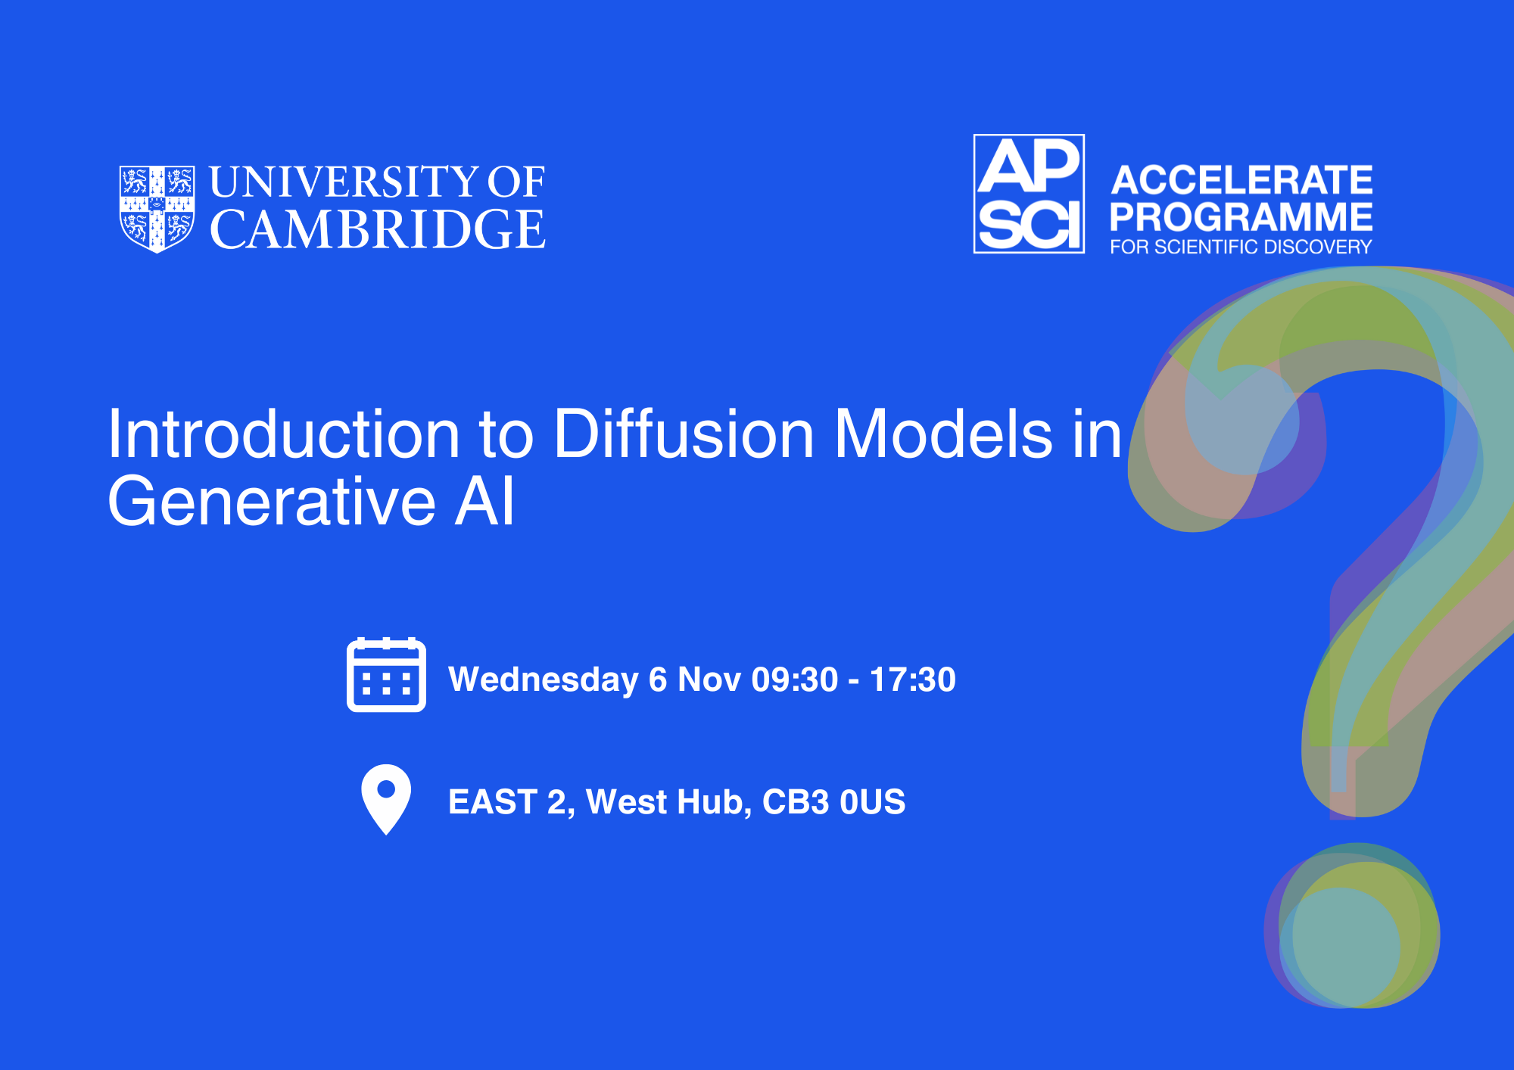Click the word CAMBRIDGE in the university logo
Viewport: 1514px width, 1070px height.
[x=378, y=229]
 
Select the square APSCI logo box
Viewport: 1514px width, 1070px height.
[x=1029, y=194]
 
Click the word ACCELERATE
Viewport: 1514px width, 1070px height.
[x=1241, y=180]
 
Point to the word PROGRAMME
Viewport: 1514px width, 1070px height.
[x=1241, y=217]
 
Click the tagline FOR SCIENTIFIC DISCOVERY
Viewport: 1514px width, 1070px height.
[x=1241, y=247]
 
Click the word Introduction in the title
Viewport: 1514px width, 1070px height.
[x=284, y=434]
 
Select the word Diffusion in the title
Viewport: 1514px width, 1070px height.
[x=684, y=434]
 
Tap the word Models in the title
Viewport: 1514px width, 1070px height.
[x=943, y=434]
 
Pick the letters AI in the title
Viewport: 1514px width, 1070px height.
[x=484, y=501]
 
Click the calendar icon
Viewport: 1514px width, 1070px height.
[x=386, y=674]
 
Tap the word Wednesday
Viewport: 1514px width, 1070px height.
[x=544, y=680]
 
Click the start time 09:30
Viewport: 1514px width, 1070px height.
[x=795, y=680]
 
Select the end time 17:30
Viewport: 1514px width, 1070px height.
[x=913, y=680]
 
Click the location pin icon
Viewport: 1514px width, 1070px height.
[x=386, y=799]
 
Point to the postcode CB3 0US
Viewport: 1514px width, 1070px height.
[x=833, y=802]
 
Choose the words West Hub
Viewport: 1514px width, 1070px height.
[x=668, y=802]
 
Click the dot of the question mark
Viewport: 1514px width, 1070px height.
[x=1352, y=925]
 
